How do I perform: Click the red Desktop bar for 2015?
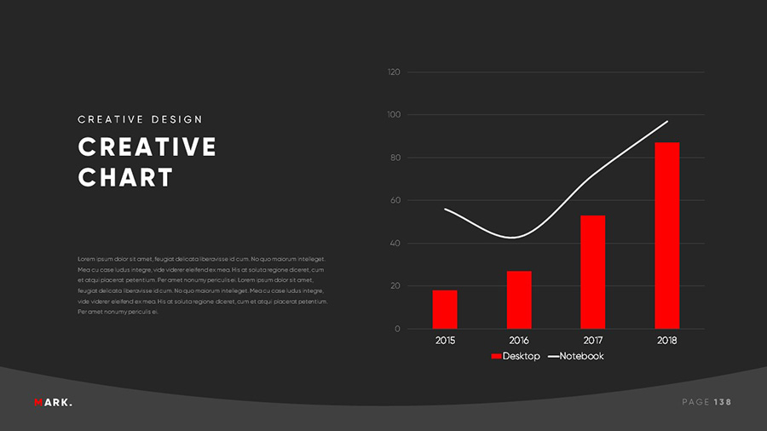click(x=444, y=309)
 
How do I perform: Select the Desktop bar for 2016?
click(x=519, y=300)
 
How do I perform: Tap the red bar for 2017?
click(x=592, y=272)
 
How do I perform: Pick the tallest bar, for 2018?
click(x=666, y=235)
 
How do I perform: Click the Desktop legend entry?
click(x=516, y=356)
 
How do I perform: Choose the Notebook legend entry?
click(x=575, y=356)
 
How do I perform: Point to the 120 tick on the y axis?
click(x=394, y=72)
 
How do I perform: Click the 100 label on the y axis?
click(x=394, y=115)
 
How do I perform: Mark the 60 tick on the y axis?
click(x=395, y=201)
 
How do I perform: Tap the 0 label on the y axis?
click(x=397, y=330)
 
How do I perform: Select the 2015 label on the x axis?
click(x=445, y=341)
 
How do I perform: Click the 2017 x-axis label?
click(x=593, y=341)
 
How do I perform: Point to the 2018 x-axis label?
click(x=666, y=341)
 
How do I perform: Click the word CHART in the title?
click(x=125, y=178)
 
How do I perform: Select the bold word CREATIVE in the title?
click(x=147, y=147)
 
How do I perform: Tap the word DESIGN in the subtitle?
click(x=176, y=119)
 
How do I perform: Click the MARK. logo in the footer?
click(x=54, y=402)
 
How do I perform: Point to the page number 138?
click(x=723, y=402)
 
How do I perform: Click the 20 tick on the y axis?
click(x=395, y=286)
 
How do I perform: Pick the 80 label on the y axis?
click(x=395, y=158)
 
